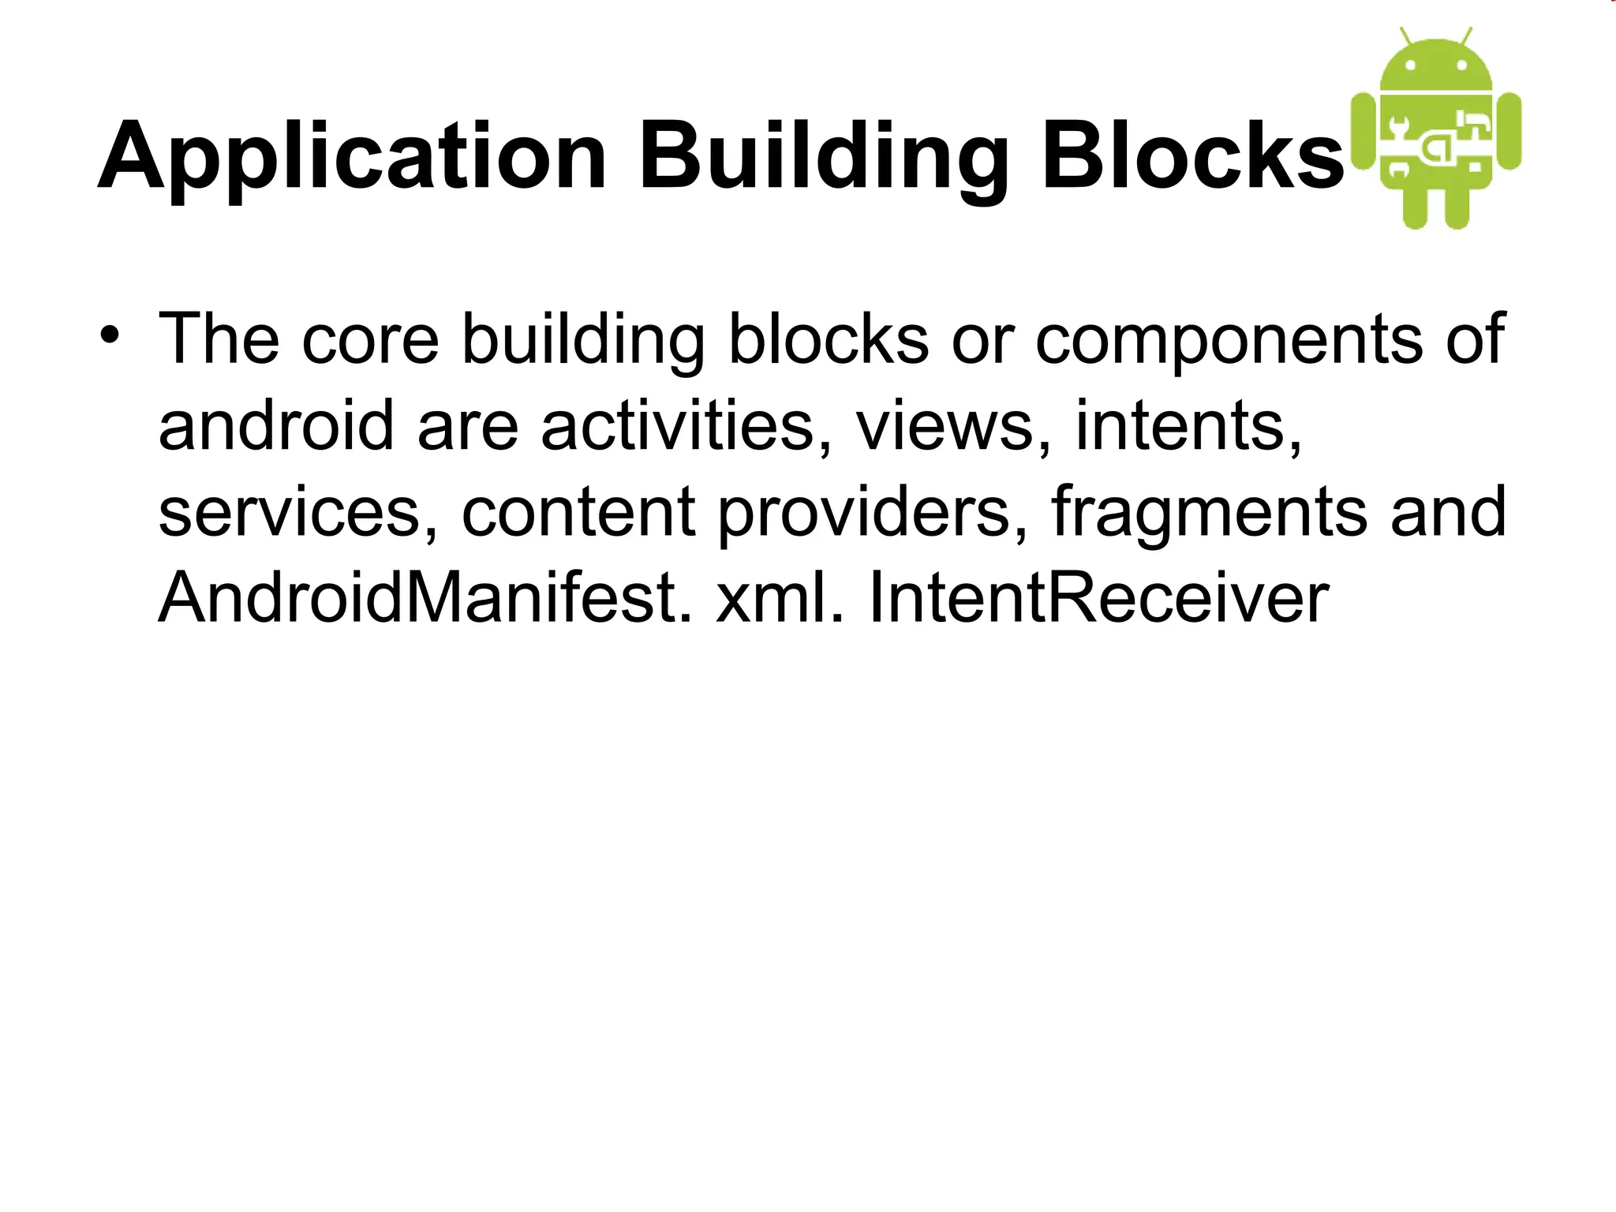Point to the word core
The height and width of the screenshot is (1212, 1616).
coord(370,339)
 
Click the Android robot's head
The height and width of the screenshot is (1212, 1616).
coord(1435,67)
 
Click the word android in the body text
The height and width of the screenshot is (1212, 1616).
coord(275,426)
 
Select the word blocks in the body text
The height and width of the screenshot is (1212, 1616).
coord(828,339)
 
